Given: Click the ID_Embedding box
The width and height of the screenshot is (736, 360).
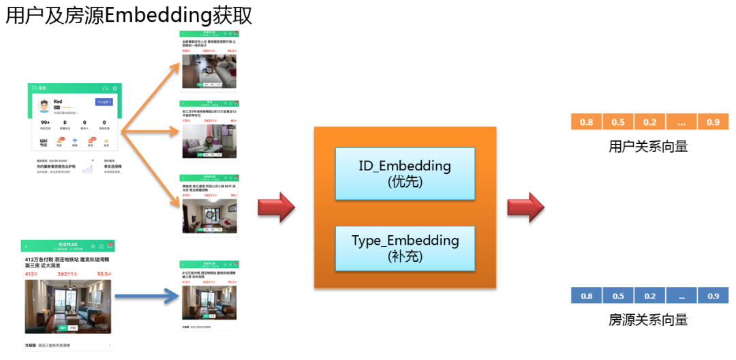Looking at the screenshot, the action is coord(405,173).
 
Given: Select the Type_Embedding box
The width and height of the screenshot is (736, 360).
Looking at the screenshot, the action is coord(405,247).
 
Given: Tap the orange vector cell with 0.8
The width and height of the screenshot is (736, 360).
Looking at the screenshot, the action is coord(586,122).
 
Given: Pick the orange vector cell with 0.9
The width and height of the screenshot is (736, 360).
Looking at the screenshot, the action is coord(713,122).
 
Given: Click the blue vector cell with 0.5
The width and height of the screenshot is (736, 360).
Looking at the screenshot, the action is coord(618,296).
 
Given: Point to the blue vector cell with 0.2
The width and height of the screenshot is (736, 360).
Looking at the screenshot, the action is coord(649,296).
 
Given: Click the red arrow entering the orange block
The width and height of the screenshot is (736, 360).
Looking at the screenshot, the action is coord(275,207).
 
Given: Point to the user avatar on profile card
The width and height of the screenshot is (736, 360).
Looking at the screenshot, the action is coord(44,107).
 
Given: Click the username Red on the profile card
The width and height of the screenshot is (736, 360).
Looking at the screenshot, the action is coord(58,102).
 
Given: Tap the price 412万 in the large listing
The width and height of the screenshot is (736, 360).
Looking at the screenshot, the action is coord(31,274).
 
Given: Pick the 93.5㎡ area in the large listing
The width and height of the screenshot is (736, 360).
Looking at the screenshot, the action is coord(104,274).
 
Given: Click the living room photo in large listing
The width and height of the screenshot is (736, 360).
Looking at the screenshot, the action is coord(67,305).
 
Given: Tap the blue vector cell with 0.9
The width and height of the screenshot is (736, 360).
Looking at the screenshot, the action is coord(713,296).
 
